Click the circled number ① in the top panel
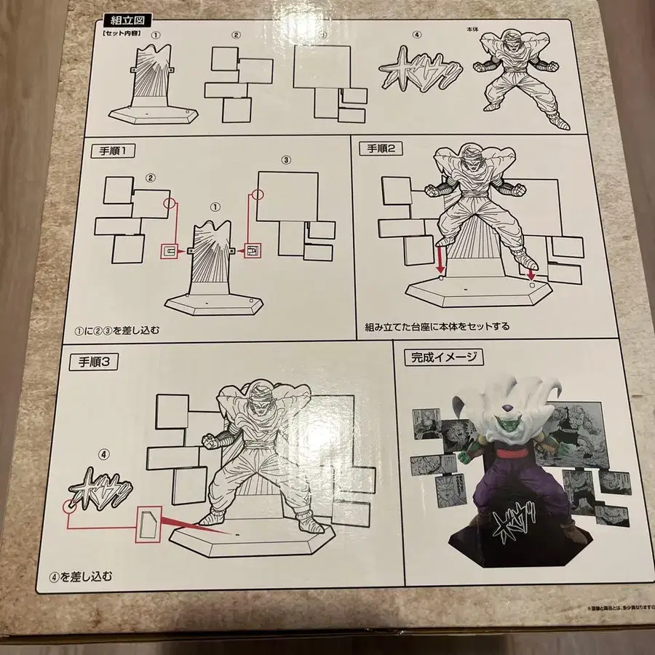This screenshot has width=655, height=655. [154, 35]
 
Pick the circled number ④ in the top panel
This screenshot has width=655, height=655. [417, 35]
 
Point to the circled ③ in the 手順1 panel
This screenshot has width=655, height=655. [285, 160]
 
